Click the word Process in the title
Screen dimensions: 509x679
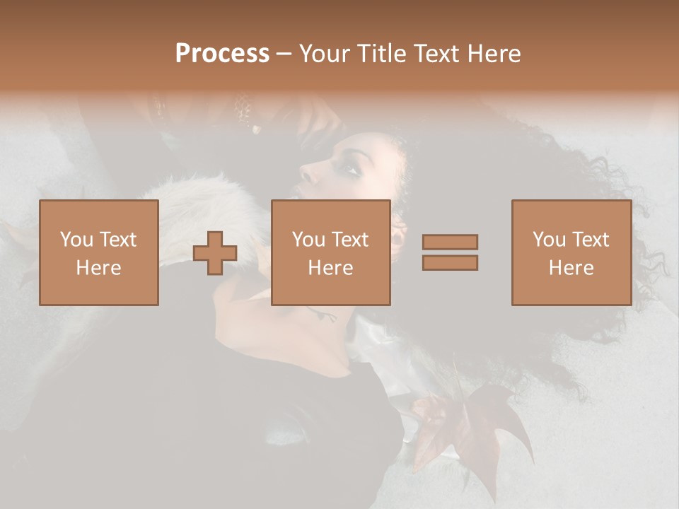[x=222, y=54]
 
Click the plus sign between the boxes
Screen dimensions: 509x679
[x=215, y=253]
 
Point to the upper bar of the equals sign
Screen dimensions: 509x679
[x=450, y=242]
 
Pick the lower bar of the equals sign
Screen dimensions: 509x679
[x=450, y=263]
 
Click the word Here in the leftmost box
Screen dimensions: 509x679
[x=98, y=268]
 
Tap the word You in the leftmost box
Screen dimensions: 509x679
[x=76, y=240]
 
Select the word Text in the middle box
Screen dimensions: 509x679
[x=349, y=240]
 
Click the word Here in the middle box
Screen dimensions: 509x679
[x=330, y=268]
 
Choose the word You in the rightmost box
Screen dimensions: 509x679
[x=549, y=240]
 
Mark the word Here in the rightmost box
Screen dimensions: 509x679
[x=571, y=268]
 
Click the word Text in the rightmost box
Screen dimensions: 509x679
[x=590, y=240]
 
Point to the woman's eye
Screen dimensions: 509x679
[x=351, y=169]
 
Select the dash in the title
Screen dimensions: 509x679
[x=284, y=54]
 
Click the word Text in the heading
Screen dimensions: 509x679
[x=436, y=54]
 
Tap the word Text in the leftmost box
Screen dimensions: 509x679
[x=117, y=240]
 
